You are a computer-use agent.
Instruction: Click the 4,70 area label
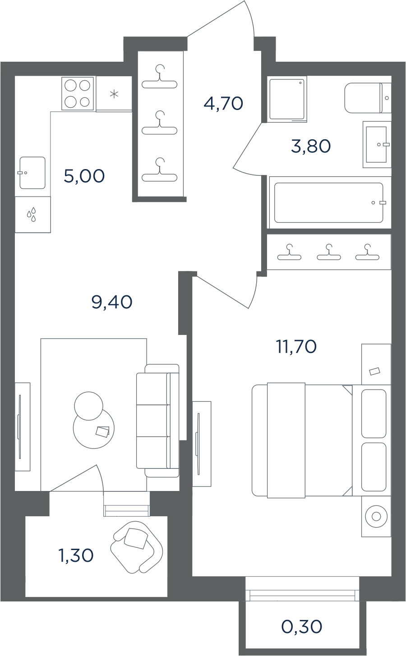(x=223, y=103)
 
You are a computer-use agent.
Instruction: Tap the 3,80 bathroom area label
(x=311, y=146)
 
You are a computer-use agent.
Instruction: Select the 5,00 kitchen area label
(x=84, y=176)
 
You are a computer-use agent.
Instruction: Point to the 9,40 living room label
(x=112, y=302)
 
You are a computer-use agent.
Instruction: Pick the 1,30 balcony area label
(x=76, y=555)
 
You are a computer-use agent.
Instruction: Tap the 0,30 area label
(x=302, y=626)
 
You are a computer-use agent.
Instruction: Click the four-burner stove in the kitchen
(x=78, y=94)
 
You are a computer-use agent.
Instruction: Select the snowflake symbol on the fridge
(x=114, y=94)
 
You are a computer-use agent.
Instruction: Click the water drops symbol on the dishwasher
(x=32, y=214)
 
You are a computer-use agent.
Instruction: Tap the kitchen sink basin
(x=32, y=173)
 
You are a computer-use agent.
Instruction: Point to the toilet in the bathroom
(x=368, y=98)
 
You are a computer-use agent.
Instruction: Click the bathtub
(x=329, y=202)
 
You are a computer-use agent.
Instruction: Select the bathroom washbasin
(x=377, y=144)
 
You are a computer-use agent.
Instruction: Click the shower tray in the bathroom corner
(x=287, y=99)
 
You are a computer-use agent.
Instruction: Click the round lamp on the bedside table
(x=376, y=516)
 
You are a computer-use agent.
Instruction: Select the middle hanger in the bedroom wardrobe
(x=329, y=252)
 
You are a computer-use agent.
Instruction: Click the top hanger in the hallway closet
(x=159, y=77)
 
